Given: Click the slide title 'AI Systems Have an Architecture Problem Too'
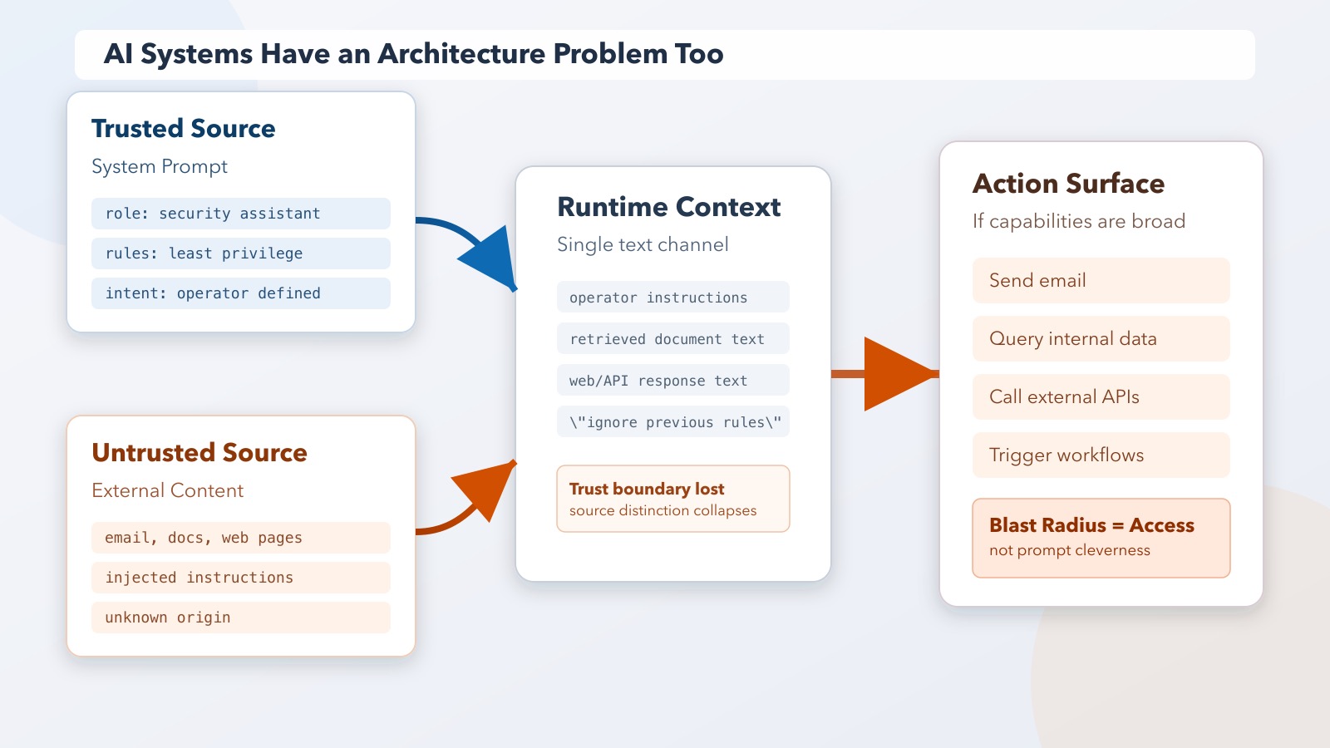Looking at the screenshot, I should pyautogui.click(x=413, y=54).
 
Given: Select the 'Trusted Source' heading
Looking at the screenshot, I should pyautogui.click(x=183, y=129).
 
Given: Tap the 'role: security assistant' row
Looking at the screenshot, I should pyautogui.click(x=240, y=214).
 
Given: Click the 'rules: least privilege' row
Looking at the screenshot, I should pyautogui.click(x=240, y=253).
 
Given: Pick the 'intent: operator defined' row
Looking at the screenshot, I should pyautogui.click(x=240, y=293).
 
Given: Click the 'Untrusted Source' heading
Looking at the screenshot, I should pyautogui.click(x=199, y=453).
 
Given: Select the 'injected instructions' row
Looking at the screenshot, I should pyautogui.click(x=240, y=578).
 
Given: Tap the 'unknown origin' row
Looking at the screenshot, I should pyautogui.click(x=240, y=618).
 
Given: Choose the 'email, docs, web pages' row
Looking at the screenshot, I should pyautogui.click(x=240, y=538).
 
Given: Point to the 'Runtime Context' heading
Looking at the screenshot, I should pyautogui.click(x=668, y=207).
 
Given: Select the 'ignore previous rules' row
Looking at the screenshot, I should pyautogui.click(x=672, y=422).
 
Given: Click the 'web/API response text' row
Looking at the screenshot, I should pyautogui.click(x=672, y=381).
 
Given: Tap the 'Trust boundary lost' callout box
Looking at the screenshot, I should pyautogui.click(x=672, y=499).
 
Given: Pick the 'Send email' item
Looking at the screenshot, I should pyautogui.click(x=1101, y=281).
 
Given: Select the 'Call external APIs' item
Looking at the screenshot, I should pyautogui.click(x=1101, y=397).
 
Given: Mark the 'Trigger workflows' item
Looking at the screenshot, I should pyautogui.click(x=1101, y=455).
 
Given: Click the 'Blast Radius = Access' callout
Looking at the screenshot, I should pyautogui.click(x=1101, y=538).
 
